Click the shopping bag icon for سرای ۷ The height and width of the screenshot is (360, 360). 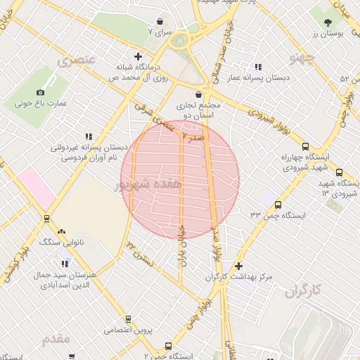pyautogui.click(x=160, y=22)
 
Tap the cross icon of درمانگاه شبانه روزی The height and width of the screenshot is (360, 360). pyautogui.click(x=138, y=56)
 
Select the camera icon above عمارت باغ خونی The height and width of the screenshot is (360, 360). pyautogui.click(x=40, y=92)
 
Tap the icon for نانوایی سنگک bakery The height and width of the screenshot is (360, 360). pyautogui.click(x=61, y=231)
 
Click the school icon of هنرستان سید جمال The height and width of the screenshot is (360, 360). pyautogui.click(x=65, y=264)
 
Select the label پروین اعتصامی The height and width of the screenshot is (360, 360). pyautogui.click(x=129, y=329)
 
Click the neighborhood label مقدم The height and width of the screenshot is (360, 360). pyautogui.click(x=56, y=340)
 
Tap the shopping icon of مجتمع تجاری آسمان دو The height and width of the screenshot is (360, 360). pyautogui.click(x=199, y=94)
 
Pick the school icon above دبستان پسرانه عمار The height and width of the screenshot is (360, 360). pyautogui.click(x=257, y=67)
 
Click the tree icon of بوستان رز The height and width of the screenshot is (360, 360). pyautogui.click(x=328, y=22)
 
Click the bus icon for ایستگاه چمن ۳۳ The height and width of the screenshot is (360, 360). pyautogui.click(x=278, y=205)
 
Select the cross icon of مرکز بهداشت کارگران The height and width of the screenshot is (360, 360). pyautogui.click(x=239, y=266)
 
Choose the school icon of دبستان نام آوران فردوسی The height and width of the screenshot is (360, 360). pyautogui.click(x=88, y=136)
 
